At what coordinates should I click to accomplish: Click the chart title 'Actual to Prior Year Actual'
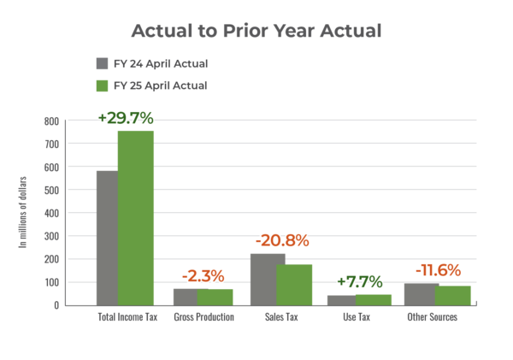(256, 31)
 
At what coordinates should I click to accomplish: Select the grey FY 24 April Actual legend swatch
(102, 64)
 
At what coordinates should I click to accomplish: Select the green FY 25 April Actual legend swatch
(102, 86)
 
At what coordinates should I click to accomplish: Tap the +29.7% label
(126, 117)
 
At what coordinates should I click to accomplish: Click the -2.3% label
(203, 276)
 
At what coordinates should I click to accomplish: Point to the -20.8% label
(281, 240)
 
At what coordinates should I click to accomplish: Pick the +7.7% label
(359, 281)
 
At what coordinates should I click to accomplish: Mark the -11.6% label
(437, 271)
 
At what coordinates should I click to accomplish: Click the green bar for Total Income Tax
(136, 217)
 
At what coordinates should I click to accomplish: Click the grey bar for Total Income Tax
(106, 237)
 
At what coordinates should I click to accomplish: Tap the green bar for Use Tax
(374, 298)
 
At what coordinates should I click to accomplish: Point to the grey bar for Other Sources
(420, 294)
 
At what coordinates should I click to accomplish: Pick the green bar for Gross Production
(215, 296)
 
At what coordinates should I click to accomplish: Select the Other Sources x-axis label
(433, 317)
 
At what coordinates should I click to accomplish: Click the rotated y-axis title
(23, 211)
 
